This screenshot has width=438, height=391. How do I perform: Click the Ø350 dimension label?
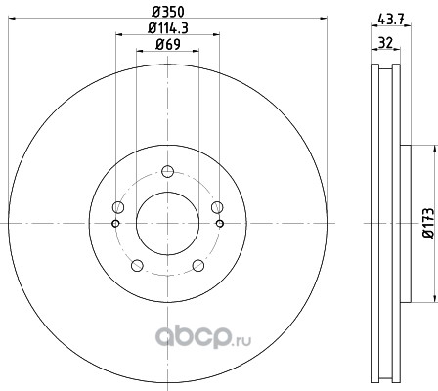pos(168,12)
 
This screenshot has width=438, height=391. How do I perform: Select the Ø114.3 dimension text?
pos(168,28)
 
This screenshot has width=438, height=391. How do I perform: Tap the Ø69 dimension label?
pos(168,44)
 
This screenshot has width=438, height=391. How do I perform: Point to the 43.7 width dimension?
pos(391,19)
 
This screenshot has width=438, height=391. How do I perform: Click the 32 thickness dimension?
pos(385,42)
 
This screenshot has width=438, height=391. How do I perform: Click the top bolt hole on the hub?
pos(167,171)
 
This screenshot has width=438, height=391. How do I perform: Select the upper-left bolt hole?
pos(118,207)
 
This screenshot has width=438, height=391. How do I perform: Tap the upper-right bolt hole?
pos(217,207)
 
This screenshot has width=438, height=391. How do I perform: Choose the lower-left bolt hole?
pos(137,265)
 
